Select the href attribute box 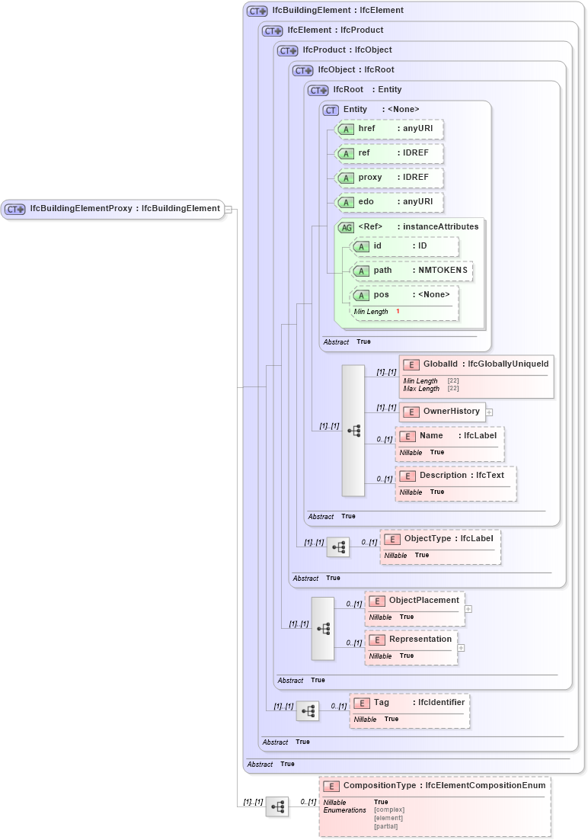tap(388, 129)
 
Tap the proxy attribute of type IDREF tap(388, 178)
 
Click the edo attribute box tap(388, 202)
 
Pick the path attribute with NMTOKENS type tap(411, 271)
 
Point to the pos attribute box tap(404, 295)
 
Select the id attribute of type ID tap(404, 246)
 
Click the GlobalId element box tap(476, 365)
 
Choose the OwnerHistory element tap(443, 412)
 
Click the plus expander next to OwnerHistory tap(489, 412)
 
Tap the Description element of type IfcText tap(455, 476)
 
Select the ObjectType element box tap(439, 539)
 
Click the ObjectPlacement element tap(415, 601)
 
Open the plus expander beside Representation tap(461, 648)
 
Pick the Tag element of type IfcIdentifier tap(409, 703)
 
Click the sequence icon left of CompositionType tap(277, 806)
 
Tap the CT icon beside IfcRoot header tap(318, 90)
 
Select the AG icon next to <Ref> tap(346, 227)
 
